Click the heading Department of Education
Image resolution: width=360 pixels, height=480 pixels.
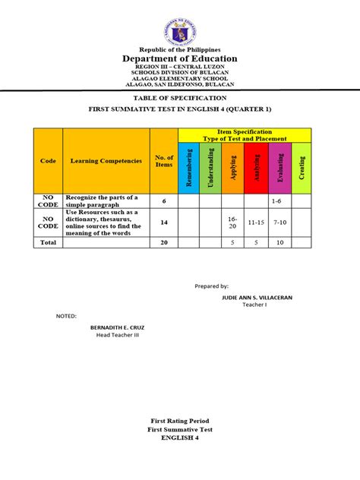[179, 58]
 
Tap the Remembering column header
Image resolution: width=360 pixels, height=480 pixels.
[188, 166]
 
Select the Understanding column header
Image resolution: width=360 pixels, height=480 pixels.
[210, 166]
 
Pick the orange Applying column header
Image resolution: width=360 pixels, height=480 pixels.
[232, 166]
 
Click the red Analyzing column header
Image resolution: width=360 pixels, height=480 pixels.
[257, 166]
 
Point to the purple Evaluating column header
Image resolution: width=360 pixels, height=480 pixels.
[279, 166]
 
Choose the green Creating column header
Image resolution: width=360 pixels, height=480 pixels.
[302, 166]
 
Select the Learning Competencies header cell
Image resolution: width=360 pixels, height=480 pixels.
[106, 160]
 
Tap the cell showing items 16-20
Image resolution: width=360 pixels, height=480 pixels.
[232, 222]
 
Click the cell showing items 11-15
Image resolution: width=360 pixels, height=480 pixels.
[257, 222]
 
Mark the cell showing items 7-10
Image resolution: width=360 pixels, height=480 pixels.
[279, 222]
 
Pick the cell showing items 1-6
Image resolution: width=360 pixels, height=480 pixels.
[279, 201]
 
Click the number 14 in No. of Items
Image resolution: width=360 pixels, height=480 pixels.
[164, 222]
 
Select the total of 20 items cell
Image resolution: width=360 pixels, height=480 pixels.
[164, 242]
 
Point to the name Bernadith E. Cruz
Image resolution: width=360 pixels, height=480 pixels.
[117, 327]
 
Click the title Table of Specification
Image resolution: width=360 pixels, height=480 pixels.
[179, 99]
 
